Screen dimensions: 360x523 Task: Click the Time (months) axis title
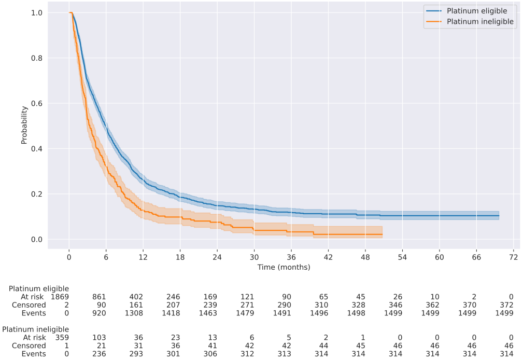pyautogui.click(x=284, y=267)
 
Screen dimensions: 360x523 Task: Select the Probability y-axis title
pyautogui.click(x=24, y=125)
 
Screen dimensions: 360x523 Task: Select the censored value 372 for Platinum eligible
pyautogui.click(x=506, y=304)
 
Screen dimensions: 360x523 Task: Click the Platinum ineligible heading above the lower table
pyautogui.click(x=36, y=329)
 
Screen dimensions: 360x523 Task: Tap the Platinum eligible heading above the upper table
pyautogui.click(x=39, y=288)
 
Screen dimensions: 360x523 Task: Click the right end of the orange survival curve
pyautogui.click(x=382, y=234)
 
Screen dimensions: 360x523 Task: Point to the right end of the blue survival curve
pyautogui.click(x=499, y=216)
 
